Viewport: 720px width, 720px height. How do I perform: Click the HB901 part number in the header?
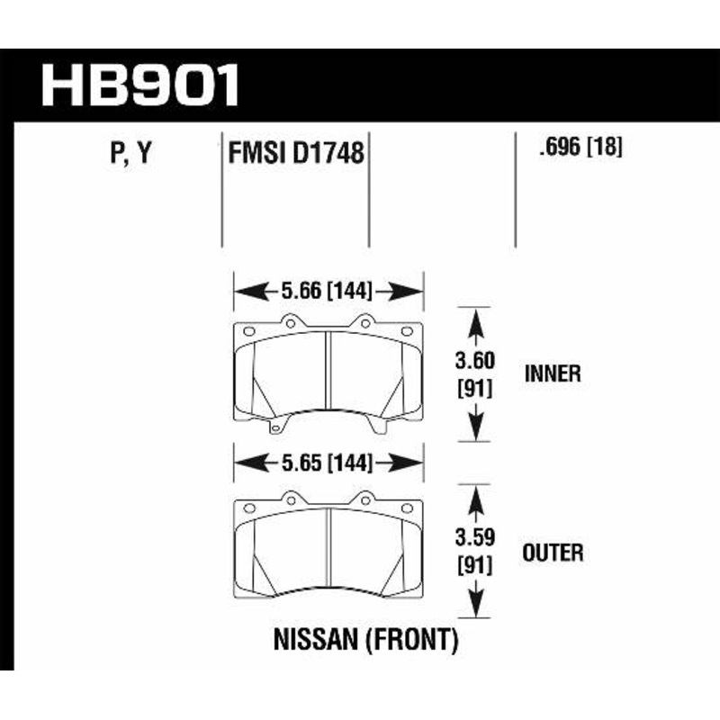click(141, 85)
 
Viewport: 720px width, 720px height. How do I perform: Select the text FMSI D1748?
click(296, 154)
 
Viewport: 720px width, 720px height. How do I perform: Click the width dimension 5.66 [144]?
click(328, 292)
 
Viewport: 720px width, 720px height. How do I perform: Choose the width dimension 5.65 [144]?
click(328, 464)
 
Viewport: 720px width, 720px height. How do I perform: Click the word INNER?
click(551, 373)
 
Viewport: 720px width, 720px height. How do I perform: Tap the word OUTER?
click(553, 551)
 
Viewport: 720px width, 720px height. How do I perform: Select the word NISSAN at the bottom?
click(315, 641)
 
